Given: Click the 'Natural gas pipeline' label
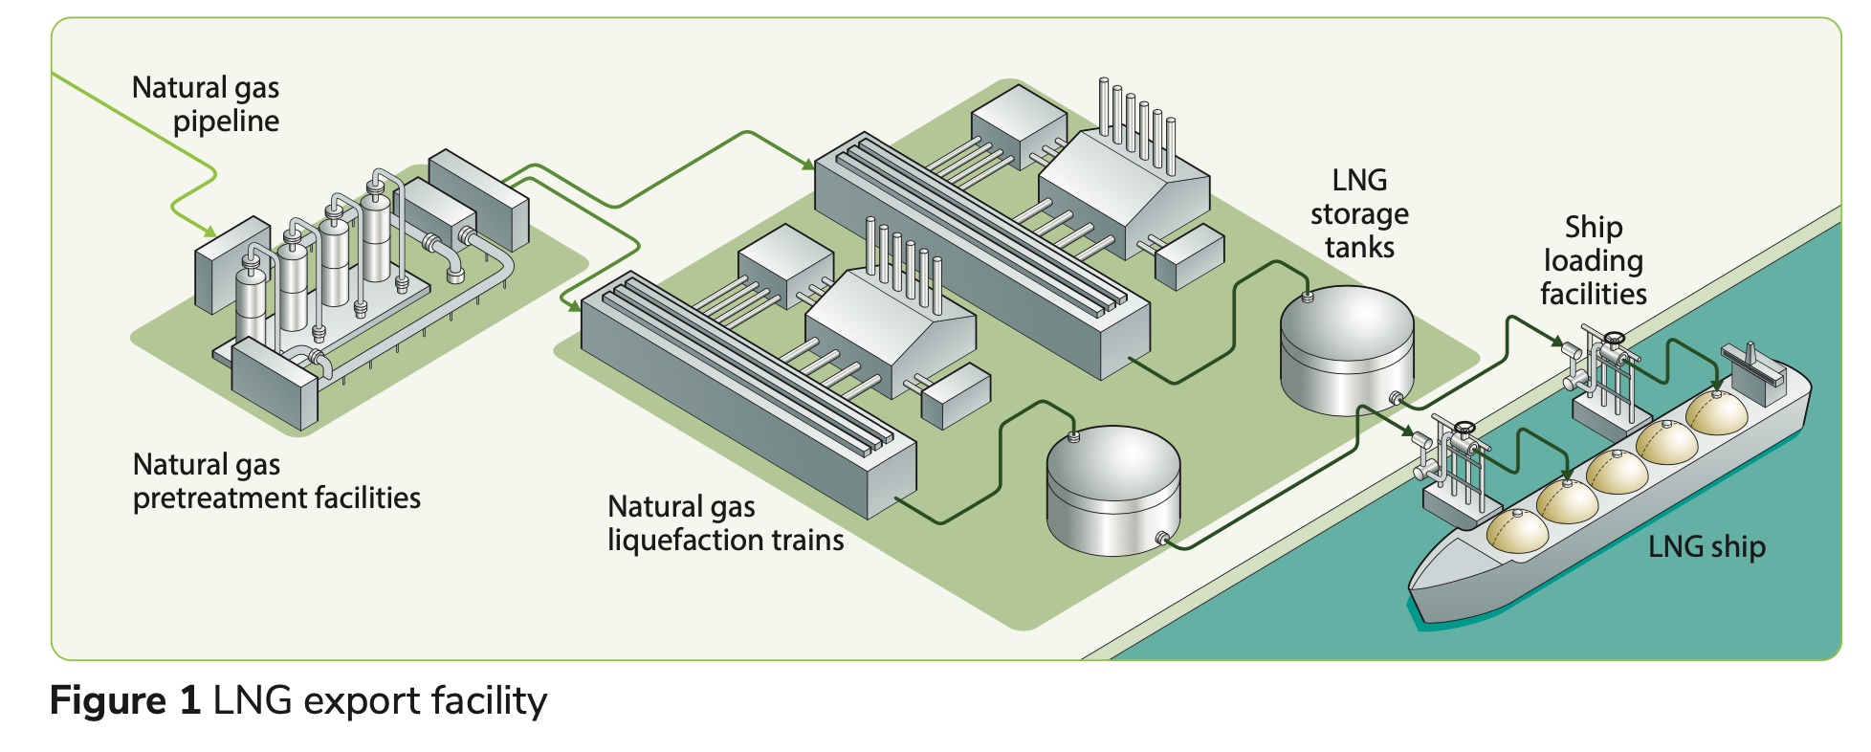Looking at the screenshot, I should (x=206, y=104).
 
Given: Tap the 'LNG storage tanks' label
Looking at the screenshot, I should (x=1359, y=213).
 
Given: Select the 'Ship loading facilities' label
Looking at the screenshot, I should (x=1594, y=260).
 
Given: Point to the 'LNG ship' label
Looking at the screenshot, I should (x=1706, y=546).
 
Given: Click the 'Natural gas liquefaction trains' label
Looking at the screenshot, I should (x=725, y=523).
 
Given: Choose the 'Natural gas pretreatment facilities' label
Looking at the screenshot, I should (x=276, y=481).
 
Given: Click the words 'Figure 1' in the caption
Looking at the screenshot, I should (x=124, y=701).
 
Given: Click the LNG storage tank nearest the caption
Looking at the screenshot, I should (x=1112, y=490).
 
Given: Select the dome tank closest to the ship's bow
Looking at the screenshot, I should (x=1516, y=531).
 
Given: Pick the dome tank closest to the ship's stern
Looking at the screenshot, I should (x=1716, y=411).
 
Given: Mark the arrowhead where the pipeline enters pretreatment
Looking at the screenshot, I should (x=209, y=232).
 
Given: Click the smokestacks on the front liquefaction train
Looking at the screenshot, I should (x=903, y=263).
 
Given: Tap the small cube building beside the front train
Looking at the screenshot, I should (x=955, y=395).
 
